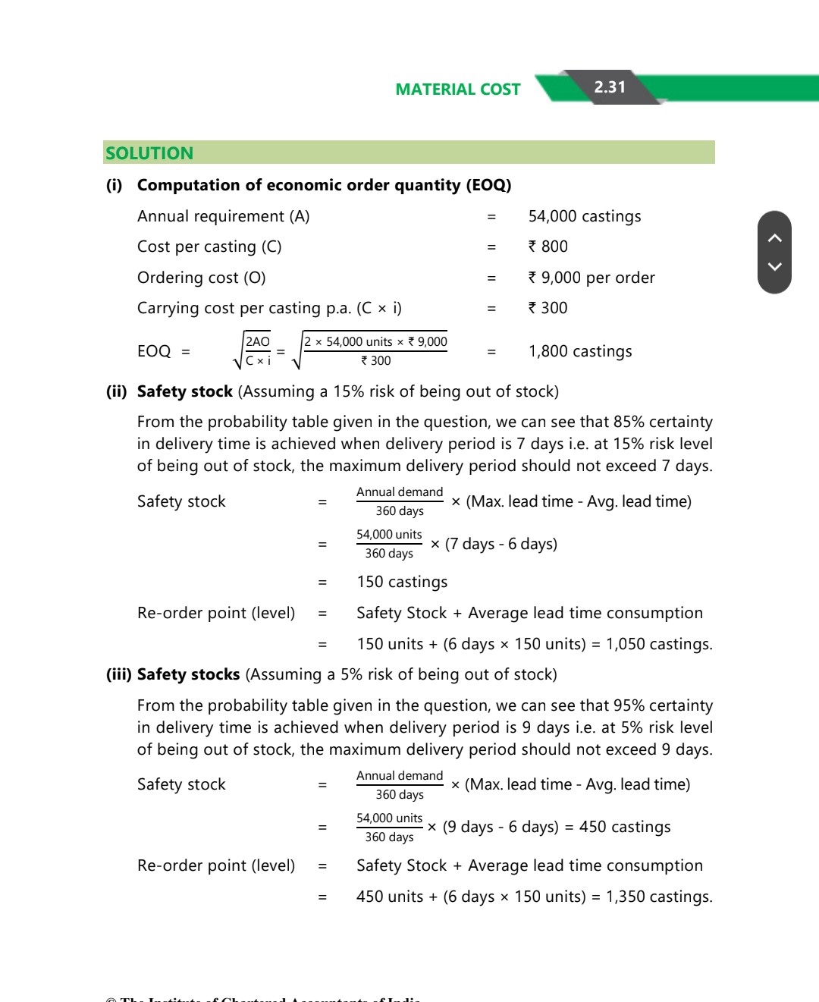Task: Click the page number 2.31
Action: coord(610,87)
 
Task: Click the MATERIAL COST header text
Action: coord(457,90)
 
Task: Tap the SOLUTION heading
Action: coord(149,153)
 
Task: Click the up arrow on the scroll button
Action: coord(774,238)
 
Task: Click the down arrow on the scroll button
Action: coord(774,266)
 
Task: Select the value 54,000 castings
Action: coord(584,216)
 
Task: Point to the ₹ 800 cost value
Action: coord(548,247)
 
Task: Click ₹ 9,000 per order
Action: coord(591,278)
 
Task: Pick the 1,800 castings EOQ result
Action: coord(580,351)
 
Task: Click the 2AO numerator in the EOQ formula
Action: coord(258,342)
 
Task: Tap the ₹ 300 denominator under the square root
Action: coord(376,361)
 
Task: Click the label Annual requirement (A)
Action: coord(223,216)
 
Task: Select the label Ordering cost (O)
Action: coord(201,278)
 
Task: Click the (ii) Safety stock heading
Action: coord(184,391)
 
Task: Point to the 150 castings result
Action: coord(402,582)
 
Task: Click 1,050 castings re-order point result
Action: coord(658,644)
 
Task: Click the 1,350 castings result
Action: coord(658,897)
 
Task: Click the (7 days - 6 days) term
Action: coord(500,544)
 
